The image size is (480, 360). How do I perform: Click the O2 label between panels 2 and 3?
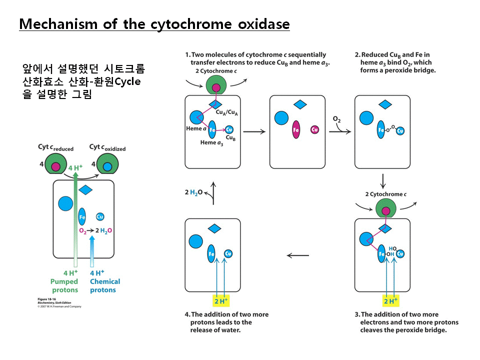pyautogui.click(x=336, y=118)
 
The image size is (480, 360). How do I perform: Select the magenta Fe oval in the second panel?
pyautogui.click(x=296, y=129)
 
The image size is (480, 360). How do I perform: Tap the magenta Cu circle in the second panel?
pyautogui.click(x=314, y=129)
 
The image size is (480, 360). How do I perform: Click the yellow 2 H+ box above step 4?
pyautogui.click(x=220, y=301)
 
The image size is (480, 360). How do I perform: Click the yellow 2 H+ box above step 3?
pyautogui.click(x=389, y=301)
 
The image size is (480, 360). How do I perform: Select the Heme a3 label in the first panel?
pyautogui.click(x=211, y=142)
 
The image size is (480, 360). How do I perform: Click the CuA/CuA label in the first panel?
pyautogui.click(x=227, y=113)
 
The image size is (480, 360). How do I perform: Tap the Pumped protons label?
pyautogui.click(x=64, y=285)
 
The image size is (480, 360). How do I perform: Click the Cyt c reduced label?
pyautogui.click(x=55, y=147)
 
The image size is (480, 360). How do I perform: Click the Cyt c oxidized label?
pyautogui.click(x=107, y=147)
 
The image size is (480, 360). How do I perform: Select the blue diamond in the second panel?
pyautogui.click(x=299, y=104)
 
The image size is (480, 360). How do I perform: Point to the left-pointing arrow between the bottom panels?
pyautogui.click(x=298, y=255)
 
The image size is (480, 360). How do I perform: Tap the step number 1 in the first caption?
pyautogui.click(x=187, y=54)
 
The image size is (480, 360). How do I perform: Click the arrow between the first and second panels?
pyautogui.click(x=254, y=131)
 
